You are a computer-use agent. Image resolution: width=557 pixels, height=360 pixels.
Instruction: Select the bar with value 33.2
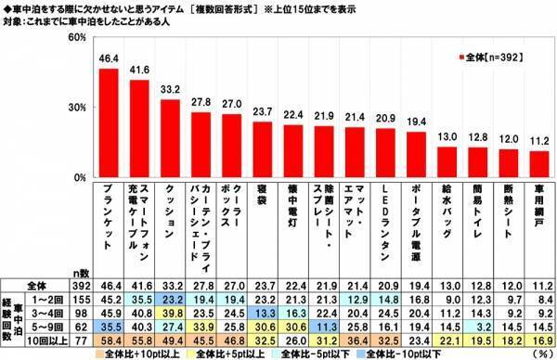point(171,138)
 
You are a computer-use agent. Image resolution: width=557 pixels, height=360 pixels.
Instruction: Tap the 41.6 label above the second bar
point(139,71)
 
